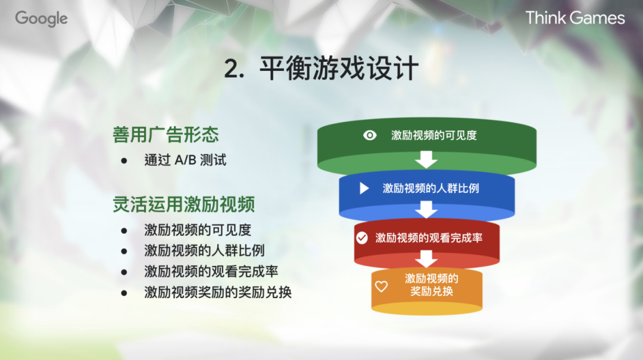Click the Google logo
coord(41,18)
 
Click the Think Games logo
coord(575,18)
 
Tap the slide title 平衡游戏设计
coord(339,69)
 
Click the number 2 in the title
coord(232,70)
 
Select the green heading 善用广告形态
coord(166,134)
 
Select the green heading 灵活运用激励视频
coord(184,205)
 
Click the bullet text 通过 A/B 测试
coord(185,160)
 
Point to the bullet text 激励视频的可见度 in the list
coord(198,230)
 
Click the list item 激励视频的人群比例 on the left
coord(204,251)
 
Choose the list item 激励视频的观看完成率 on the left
coord(211,271)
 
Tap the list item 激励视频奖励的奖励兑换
coord(218,292)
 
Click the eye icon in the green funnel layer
coord(370,135)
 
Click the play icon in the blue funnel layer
coord(364,189)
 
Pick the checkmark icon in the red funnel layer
coord(361,238)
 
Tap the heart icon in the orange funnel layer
coord(381,286)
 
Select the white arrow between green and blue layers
coord(426,159)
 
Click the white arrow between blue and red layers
coord(426,209)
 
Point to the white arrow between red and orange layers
coord(426,259)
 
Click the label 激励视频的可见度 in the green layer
coord(434,135)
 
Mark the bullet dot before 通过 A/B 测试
coord(124,161)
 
